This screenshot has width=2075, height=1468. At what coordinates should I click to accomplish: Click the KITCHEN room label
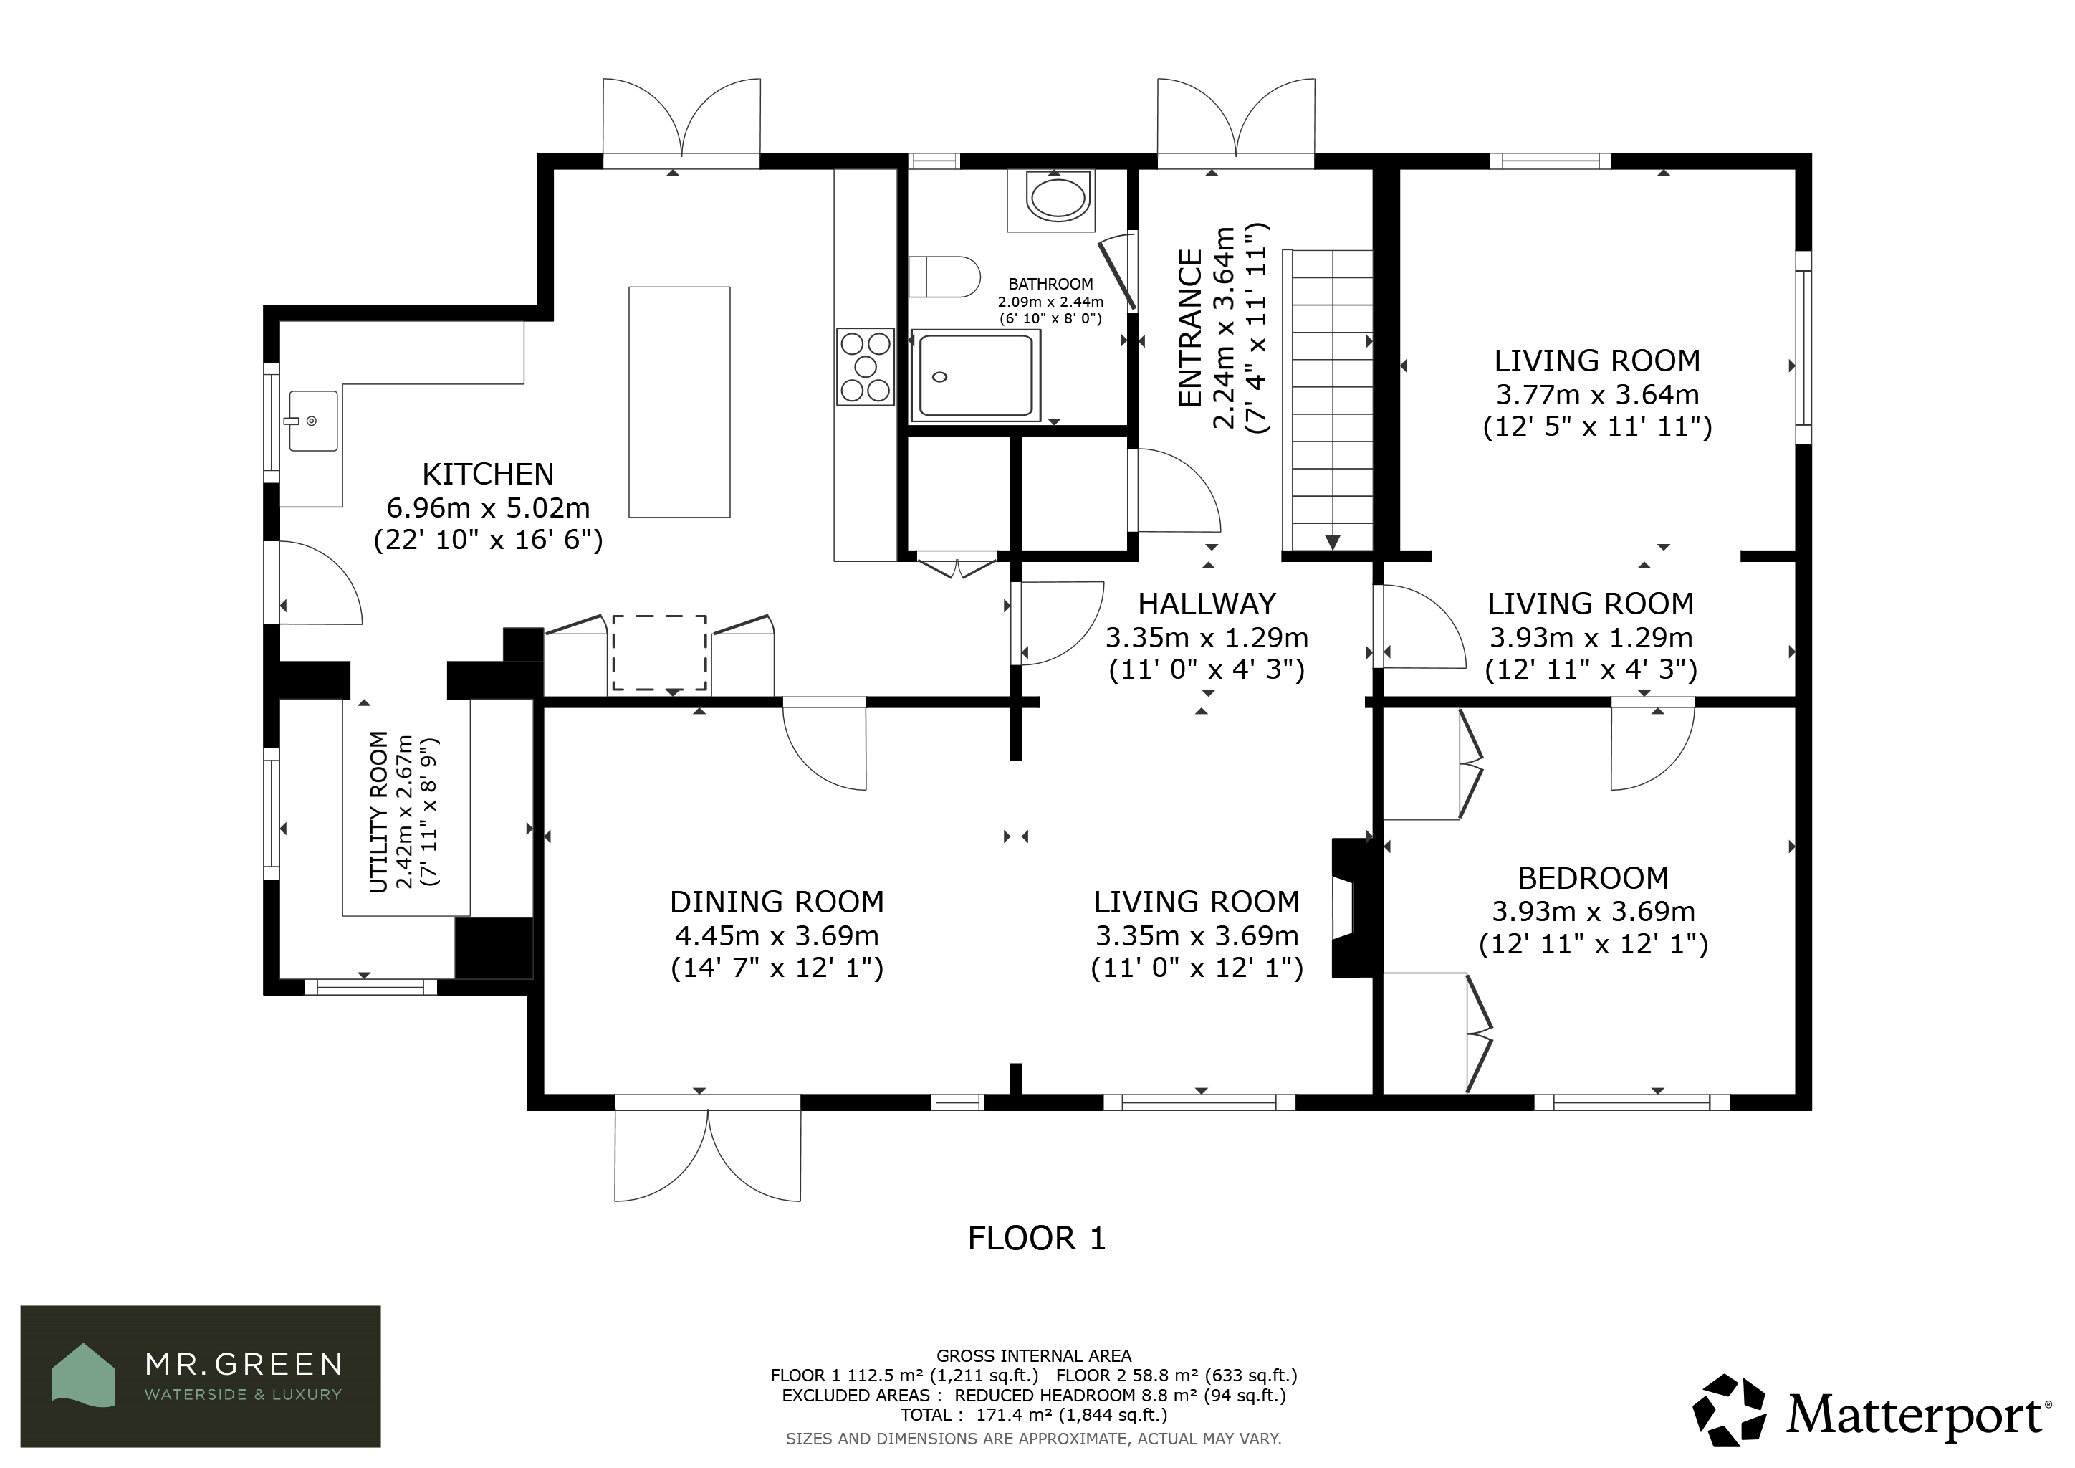[x=488, y=475]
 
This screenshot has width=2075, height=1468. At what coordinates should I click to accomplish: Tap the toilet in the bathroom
[x=944, y=277]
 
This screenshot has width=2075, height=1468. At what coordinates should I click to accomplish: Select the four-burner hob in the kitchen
[x=865, y=366]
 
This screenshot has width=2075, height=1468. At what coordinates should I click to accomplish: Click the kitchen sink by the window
[x=312, y=421]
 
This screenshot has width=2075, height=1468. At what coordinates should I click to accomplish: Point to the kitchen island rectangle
[x=679, y=402]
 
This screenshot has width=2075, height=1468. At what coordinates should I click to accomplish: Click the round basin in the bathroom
[x=1058, y=198]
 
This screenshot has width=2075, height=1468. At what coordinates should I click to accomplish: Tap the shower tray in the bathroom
[x=975, y=376]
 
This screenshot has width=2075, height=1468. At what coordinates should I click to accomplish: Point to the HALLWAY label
[x=1207, y=604]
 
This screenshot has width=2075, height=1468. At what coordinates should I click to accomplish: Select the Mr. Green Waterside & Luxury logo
[x=201, y=1376]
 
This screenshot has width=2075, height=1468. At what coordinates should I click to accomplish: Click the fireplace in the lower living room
[x=1352, y=907]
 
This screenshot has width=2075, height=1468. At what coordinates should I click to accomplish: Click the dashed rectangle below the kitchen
[x=660, y=653]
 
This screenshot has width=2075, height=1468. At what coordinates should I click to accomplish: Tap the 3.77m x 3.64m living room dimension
[x=1597, y=394]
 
